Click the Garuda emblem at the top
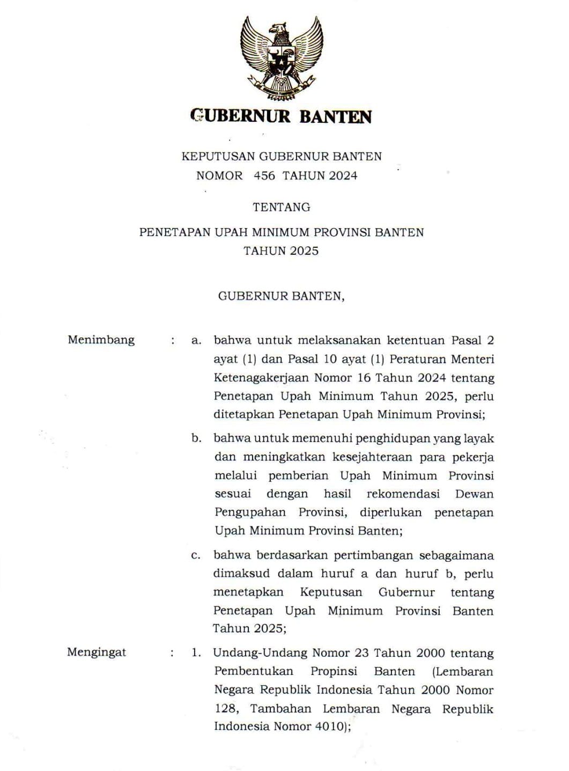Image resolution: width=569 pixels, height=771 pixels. [x=282, y=58]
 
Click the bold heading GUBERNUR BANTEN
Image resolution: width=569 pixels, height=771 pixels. [x=282, y=116]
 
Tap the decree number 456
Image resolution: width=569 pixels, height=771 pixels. [x=264, y=175]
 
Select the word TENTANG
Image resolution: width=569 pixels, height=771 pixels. [x=282, y=207]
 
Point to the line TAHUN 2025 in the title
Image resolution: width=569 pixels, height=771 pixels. [x=281, y=251]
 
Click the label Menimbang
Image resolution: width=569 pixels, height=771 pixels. [x=101, y=340]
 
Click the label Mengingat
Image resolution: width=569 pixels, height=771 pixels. [x=97, y=652]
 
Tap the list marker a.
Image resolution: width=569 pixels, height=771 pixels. [x=196, y=340]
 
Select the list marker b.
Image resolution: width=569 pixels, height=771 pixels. [x=196, y=438]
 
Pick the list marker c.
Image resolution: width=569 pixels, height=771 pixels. [x=196, y=556]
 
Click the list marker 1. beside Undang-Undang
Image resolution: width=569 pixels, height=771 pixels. [x=196, y=653]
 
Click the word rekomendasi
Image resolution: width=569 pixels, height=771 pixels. [x=403, y=494]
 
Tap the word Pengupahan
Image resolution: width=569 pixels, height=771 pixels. [x=250, y=512]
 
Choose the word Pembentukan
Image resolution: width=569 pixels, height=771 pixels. [x=254, y=671]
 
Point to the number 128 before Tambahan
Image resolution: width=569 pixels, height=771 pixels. [x=225, y=708]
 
